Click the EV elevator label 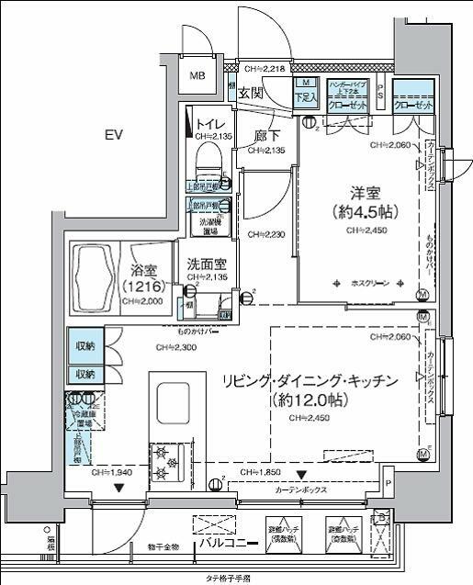[113, 135]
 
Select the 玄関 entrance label [251, 93]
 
